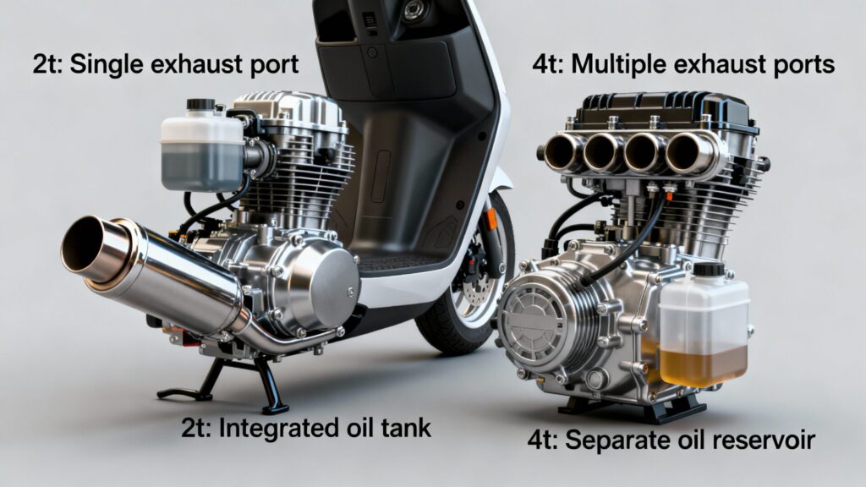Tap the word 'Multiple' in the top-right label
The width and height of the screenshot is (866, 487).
click(x=619, y=64)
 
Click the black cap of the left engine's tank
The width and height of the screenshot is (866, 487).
click(x=200, y=104)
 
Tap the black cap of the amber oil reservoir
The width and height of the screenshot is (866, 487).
click(x=709, y=270)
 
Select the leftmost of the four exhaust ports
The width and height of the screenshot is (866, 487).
click(x=562, y=151)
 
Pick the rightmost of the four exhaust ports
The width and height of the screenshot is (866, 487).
click(x=687, y=151)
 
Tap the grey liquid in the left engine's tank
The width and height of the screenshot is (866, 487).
click(x=201, y=164)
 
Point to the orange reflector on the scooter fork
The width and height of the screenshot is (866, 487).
click(x=491, y=219)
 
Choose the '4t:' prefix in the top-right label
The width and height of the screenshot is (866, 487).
click(x=548, y=65)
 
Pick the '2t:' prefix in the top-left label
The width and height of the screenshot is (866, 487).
click(x=48, y=65)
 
